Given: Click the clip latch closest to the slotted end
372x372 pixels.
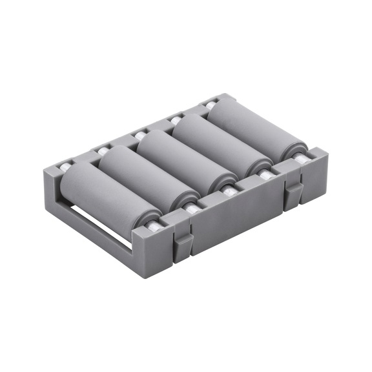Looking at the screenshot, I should point(183,244).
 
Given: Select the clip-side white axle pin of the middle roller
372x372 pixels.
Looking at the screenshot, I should point(229,190).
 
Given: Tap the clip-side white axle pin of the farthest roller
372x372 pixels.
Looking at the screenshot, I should point(300,157).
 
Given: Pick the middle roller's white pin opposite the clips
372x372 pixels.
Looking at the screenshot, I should point(139,136).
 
